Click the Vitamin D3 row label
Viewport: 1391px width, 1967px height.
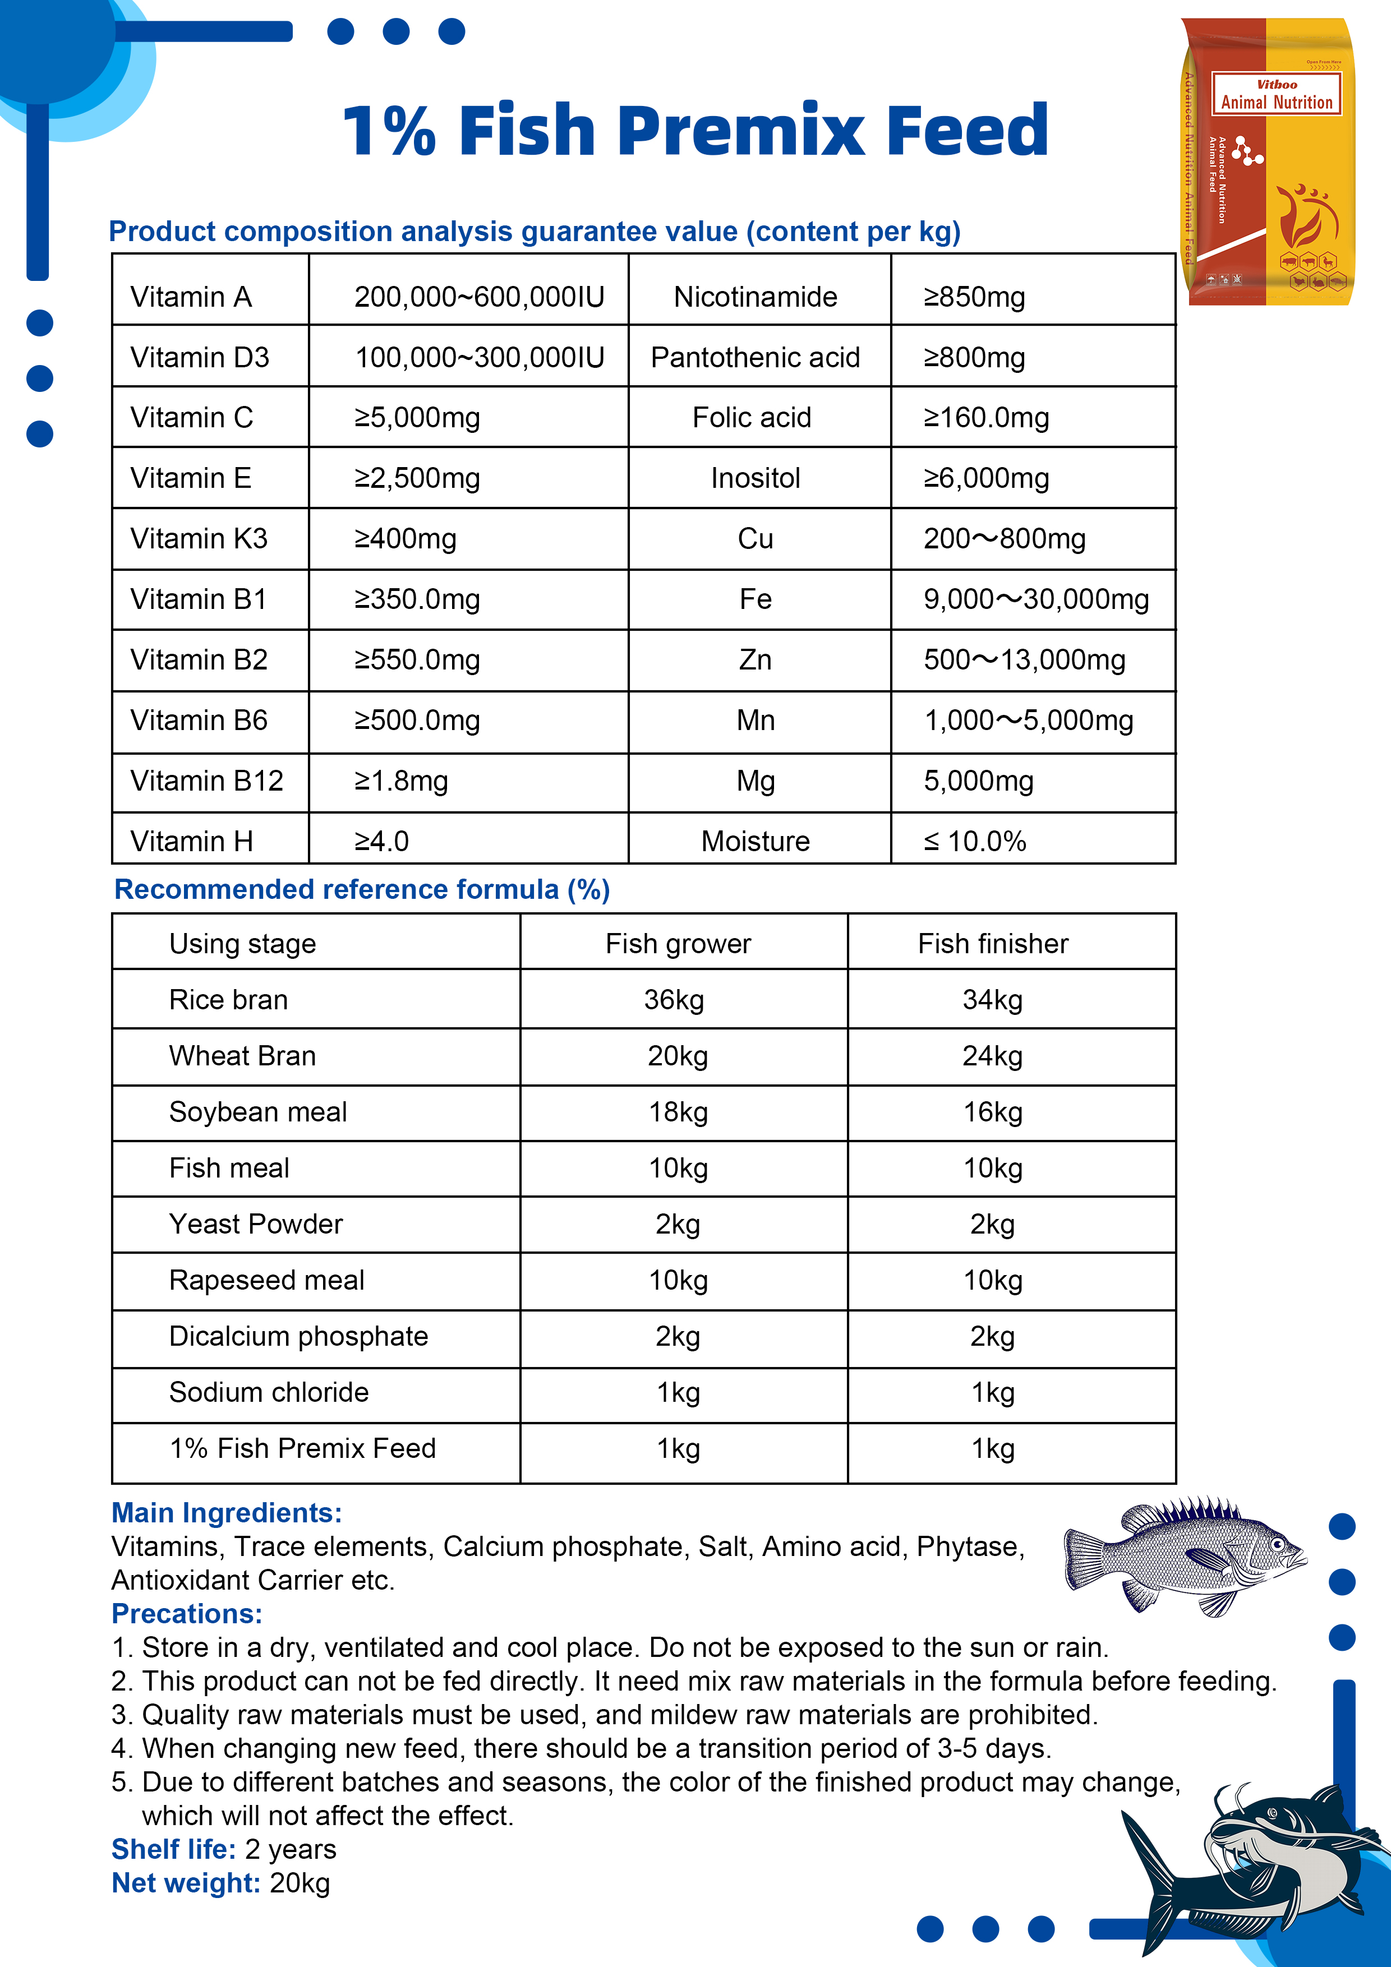point(200,357)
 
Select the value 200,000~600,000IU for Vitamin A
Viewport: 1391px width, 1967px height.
point(479,297)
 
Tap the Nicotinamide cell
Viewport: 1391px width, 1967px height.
point(755,297)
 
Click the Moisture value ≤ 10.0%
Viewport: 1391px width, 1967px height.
point(974,841)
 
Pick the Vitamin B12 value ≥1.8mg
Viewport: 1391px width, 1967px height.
point(401,781)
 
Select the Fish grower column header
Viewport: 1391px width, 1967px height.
point(678,944)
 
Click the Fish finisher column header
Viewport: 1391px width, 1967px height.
point(992,944)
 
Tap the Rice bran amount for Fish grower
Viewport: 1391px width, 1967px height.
point(675,1000)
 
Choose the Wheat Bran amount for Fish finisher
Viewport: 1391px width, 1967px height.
point(992,1056)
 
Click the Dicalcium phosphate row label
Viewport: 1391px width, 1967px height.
point(298,1336)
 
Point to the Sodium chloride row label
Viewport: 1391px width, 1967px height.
point(268,1392)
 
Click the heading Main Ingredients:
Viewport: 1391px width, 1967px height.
point(226,1513)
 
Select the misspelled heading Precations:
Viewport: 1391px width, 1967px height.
point(187,1614)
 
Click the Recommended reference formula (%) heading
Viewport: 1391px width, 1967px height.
point(362,889)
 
